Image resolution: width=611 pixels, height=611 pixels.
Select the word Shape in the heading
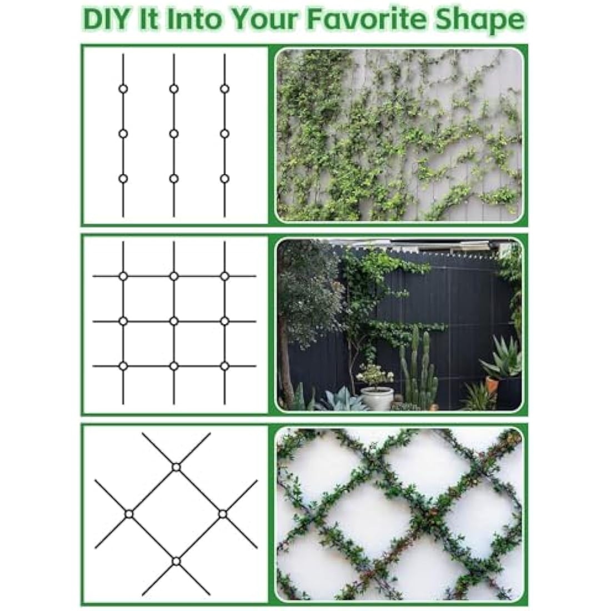pos(487,21)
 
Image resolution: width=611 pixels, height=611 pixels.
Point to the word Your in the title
pos(269,19)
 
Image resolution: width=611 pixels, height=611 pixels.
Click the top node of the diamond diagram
pos(176,467)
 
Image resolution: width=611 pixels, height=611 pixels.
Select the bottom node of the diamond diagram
pos(176,562)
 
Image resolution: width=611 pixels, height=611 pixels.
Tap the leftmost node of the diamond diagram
pos(129,514)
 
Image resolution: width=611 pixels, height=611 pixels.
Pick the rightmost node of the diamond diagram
pos(223,514)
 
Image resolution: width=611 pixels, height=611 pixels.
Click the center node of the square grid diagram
pos(174,321)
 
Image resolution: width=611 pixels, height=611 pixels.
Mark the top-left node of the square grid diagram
pos(123,276)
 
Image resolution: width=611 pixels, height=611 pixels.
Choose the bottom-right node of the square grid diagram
pos(224,366)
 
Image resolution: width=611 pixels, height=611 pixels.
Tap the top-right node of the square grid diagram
pos(224,276)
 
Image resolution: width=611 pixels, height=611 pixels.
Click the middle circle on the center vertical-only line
pos(174,133)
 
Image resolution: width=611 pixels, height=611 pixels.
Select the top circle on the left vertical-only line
pos(123,89)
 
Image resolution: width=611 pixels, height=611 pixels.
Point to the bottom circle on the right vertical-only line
pos(224,178)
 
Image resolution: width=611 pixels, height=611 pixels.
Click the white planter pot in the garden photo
pos(377,397)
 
